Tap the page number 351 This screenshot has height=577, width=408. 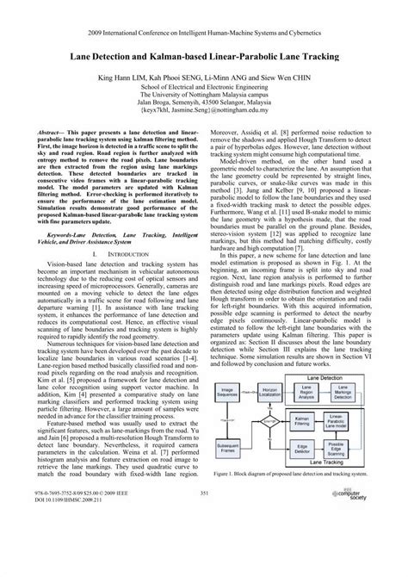204,540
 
